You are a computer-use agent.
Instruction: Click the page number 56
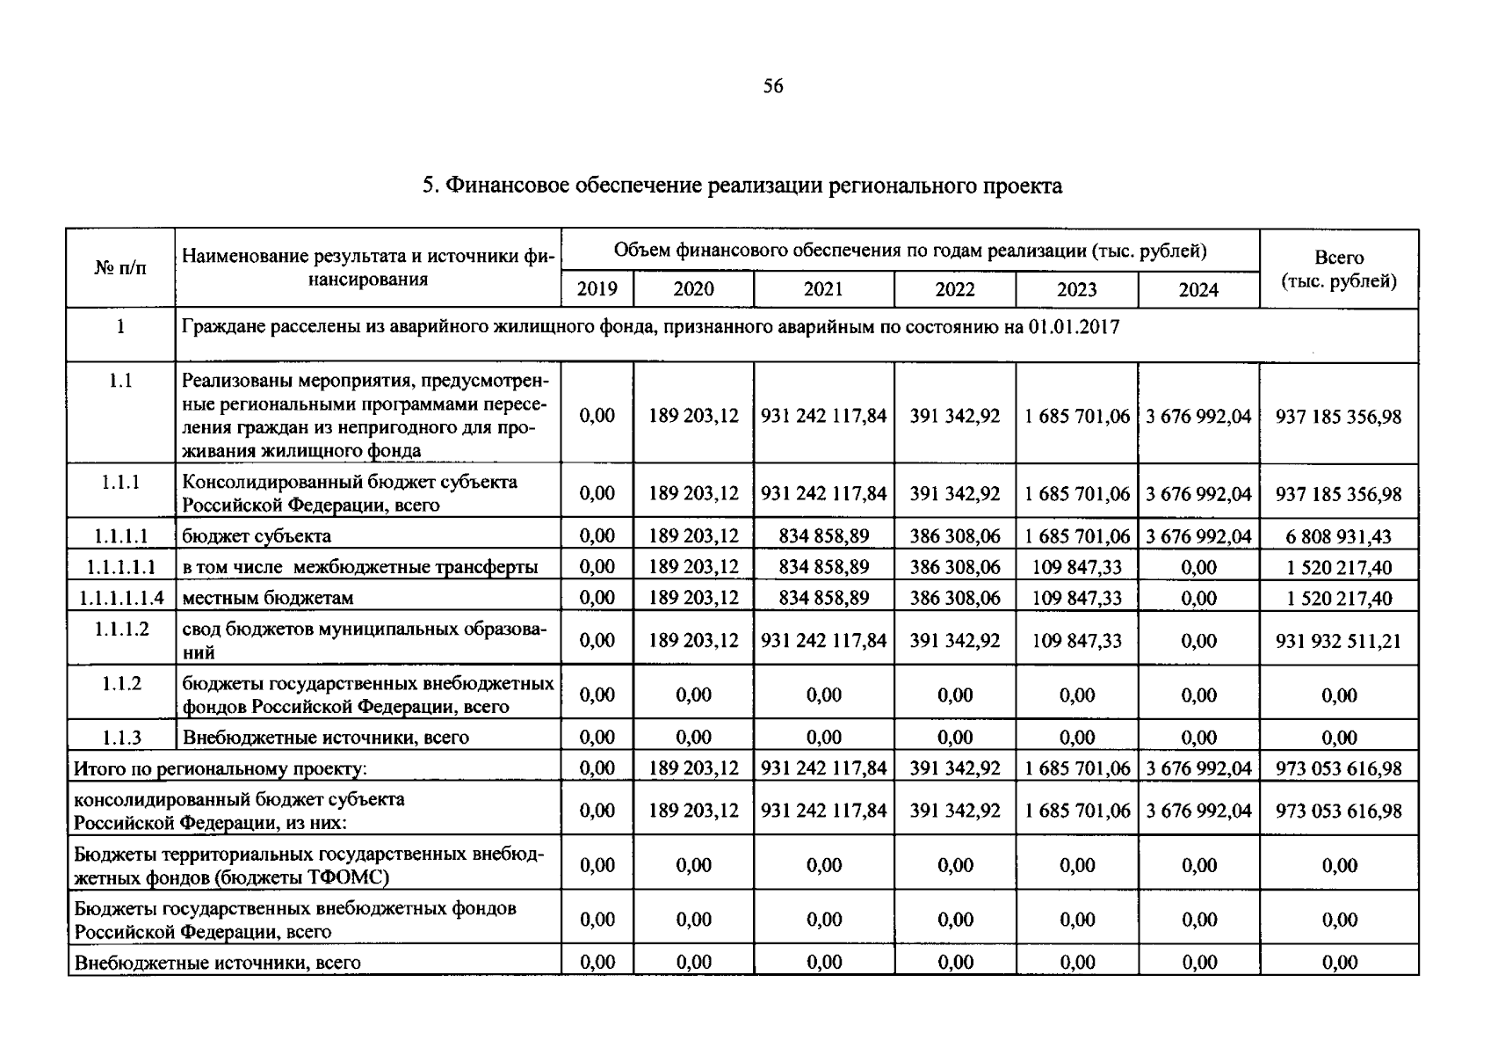773,86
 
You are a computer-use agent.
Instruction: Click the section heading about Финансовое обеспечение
742,186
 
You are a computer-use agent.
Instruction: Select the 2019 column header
597,289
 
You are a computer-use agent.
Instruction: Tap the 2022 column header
954,289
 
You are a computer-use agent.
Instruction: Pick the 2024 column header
1197,289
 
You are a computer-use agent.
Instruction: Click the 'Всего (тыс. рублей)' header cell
1338,269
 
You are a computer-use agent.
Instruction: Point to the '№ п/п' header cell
120,267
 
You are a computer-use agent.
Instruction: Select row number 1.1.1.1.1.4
121,598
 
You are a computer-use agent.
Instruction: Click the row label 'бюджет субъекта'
257,535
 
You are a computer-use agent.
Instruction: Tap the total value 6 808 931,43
1338,535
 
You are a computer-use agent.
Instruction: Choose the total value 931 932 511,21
1338,640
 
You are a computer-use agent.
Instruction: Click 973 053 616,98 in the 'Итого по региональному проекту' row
1338,768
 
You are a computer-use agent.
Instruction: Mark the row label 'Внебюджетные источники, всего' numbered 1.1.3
325,737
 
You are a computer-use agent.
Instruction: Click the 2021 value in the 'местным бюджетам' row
823,598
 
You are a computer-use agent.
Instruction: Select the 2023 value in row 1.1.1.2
1076,640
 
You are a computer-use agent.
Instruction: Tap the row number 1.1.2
121,683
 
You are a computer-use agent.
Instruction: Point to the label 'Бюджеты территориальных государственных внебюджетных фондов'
308,865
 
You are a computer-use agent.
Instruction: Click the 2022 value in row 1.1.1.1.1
954,567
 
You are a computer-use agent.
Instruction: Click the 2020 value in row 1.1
693,416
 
